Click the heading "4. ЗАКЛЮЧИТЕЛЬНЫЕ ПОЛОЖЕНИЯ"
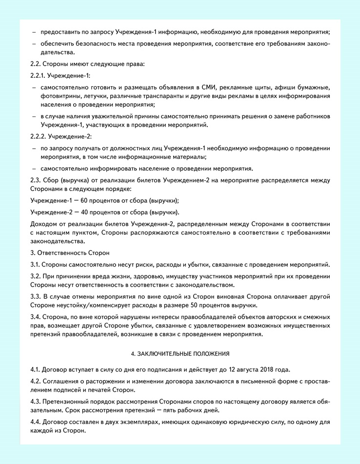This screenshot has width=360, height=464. point(180,353)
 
